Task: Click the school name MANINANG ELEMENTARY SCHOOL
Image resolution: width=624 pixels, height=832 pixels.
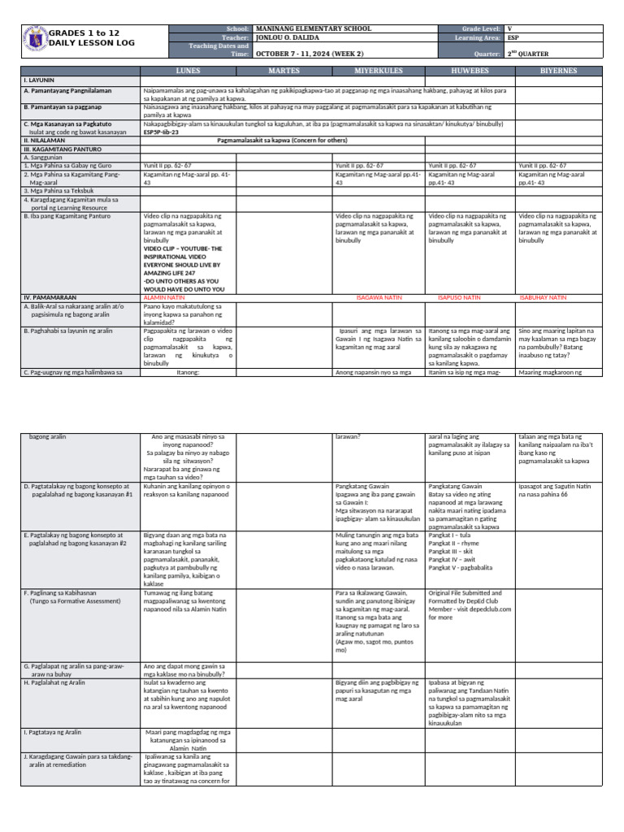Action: [314, 28]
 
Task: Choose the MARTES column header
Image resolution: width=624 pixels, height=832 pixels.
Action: [284, 71]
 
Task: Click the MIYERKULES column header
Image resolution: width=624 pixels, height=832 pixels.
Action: [379, 71]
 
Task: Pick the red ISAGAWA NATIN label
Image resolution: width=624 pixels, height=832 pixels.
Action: [379, 298]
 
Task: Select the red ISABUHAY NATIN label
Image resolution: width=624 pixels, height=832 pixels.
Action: [543, 298]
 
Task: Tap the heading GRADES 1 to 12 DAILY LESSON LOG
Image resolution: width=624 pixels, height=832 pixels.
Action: [84, 37]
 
